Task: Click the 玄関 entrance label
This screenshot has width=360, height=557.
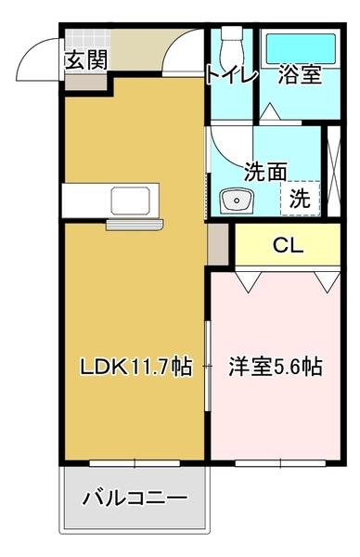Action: pyautogui.click(x=85, y=60)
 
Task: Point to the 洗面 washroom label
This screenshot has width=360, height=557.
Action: pyautogui.click(x=264, y=172)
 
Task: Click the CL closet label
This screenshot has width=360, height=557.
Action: pyautogui.click(x=288, y=246)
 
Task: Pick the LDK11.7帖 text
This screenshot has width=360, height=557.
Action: pyautogui.click(x=135, y=367)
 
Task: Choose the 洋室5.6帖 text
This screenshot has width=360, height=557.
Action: pyautogui.click(x=276, y=367)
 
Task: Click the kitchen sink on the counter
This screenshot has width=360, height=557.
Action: pyautogui.click(x=126, y=200)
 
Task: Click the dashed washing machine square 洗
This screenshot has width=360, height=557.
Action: pyautogui.click(x=301, y=197)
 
